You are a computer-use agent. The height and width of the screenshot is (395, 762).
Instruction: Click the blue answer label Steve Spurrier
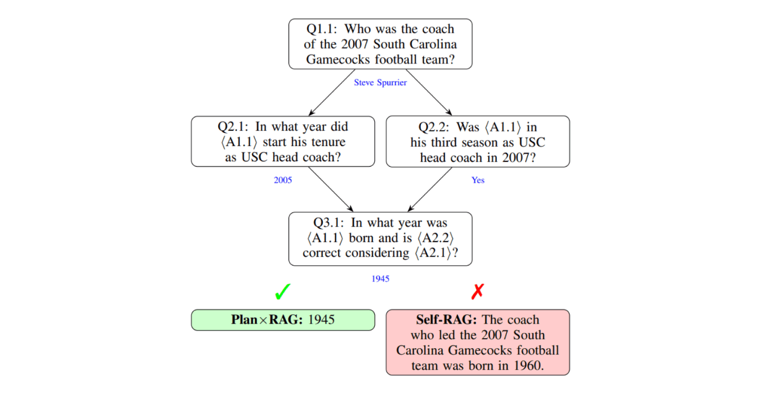click(380, 83)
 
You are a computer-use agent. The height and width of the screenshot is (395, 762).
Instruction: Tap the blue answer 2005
click(282, 180)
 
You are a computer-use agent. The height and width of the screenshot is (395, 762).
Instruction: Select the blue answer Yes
click(478, 180)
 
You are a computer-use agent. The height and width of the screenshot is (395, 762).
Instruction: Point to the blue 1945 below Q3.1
click(380, 279)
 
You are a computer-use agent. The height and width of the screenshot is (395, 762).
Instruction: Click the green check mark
click(282, 292)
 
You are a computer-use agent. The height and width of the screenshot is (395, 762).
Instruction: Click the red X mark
click(478, 291)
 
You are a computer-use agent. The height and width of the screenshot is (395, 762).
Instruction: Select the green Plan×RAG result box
click(283, 320)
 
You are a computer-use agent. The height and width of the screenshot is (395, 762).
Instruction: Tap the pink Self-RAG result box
click(478, 342)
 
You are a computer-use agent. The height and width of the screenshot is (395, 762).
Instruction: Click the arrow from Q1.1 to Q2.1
click(332, 93)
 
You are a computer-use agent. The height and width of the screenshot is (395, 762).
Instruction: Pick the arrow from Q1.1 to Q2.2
click(429, 92)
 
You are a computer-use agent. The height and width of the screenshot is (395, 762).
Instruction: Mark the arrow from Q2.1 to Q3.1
click(331, 190)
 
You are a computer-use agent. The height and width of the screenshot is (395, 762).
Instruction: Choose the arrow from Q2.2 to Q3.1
click(430, 190)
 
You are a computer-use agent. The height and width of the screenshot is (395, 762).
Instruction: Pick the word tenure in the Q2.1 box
click(325, 142)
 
